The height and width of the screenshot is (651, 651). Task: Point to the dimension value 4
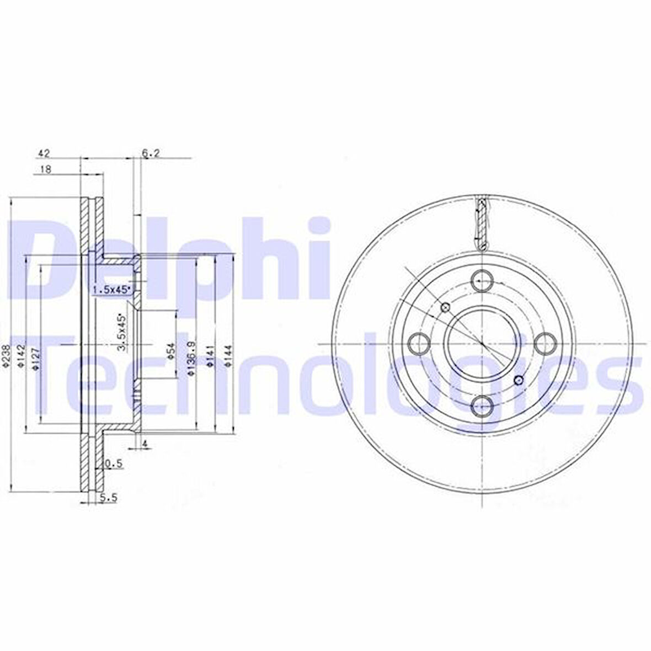145,444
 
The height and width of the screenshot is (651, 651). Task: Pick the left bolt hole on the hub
419,344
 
